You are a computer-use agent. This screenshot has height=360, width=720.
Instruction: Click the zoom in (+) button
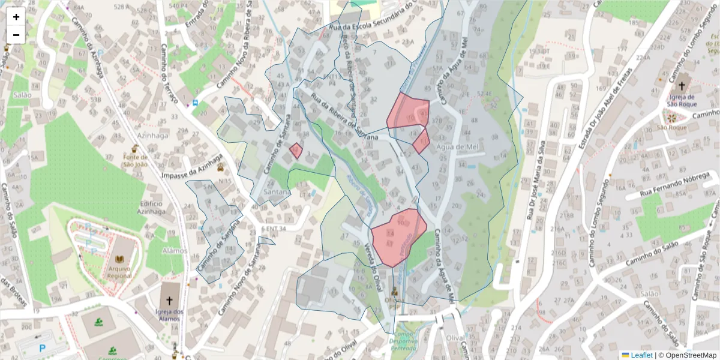click(16, 17)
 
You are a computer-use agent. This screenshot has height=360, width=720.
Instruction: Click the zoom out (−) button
click(16, 35)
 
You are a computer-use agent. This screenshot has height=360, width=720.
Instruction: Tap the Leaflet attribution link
click(641, 355)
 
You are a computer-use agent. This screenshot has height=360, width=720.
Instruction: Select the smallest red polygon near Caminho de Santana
click(296, 150)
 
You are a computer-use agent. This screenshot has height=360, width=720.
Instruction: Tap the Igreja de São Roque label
click(683, 101)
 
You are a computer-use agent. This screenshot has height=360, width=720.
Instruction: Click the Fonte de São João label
click(135, 160)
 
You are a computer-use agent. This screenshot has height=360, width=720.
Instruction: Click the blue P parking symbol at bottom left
click(42, 348)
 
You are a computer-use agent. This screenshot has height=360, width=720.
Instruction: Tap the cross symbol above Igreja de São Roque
click(682, 84)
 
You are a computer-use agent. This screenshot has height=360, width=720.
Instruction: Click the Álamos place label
click(158, 251)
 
